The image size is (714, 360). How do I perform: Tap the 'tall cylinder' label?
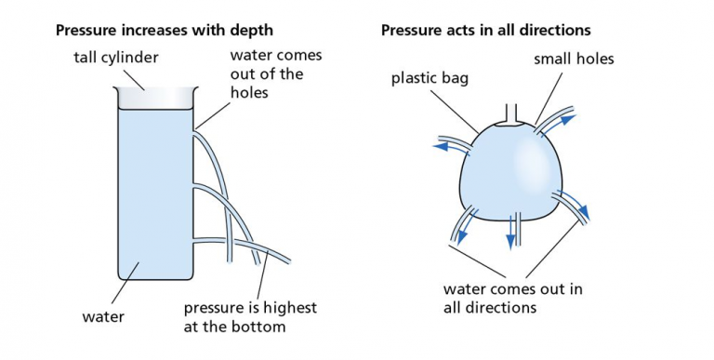coord(116,59)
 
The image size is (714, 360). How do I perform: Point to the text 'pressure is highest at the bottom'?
coord(250,316)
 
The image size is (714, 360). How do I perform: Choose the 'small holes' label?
coord(574,60)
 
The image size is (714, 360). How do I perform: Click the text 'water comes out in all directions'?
coord(512,297)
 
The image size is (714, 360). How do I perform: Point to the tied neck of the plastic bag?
coord(508,115)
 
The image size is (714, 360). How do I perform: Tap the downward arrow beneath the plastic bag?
coord(510,240)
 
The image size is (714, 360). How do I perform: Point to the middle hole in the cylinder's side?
coord(194,187)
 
